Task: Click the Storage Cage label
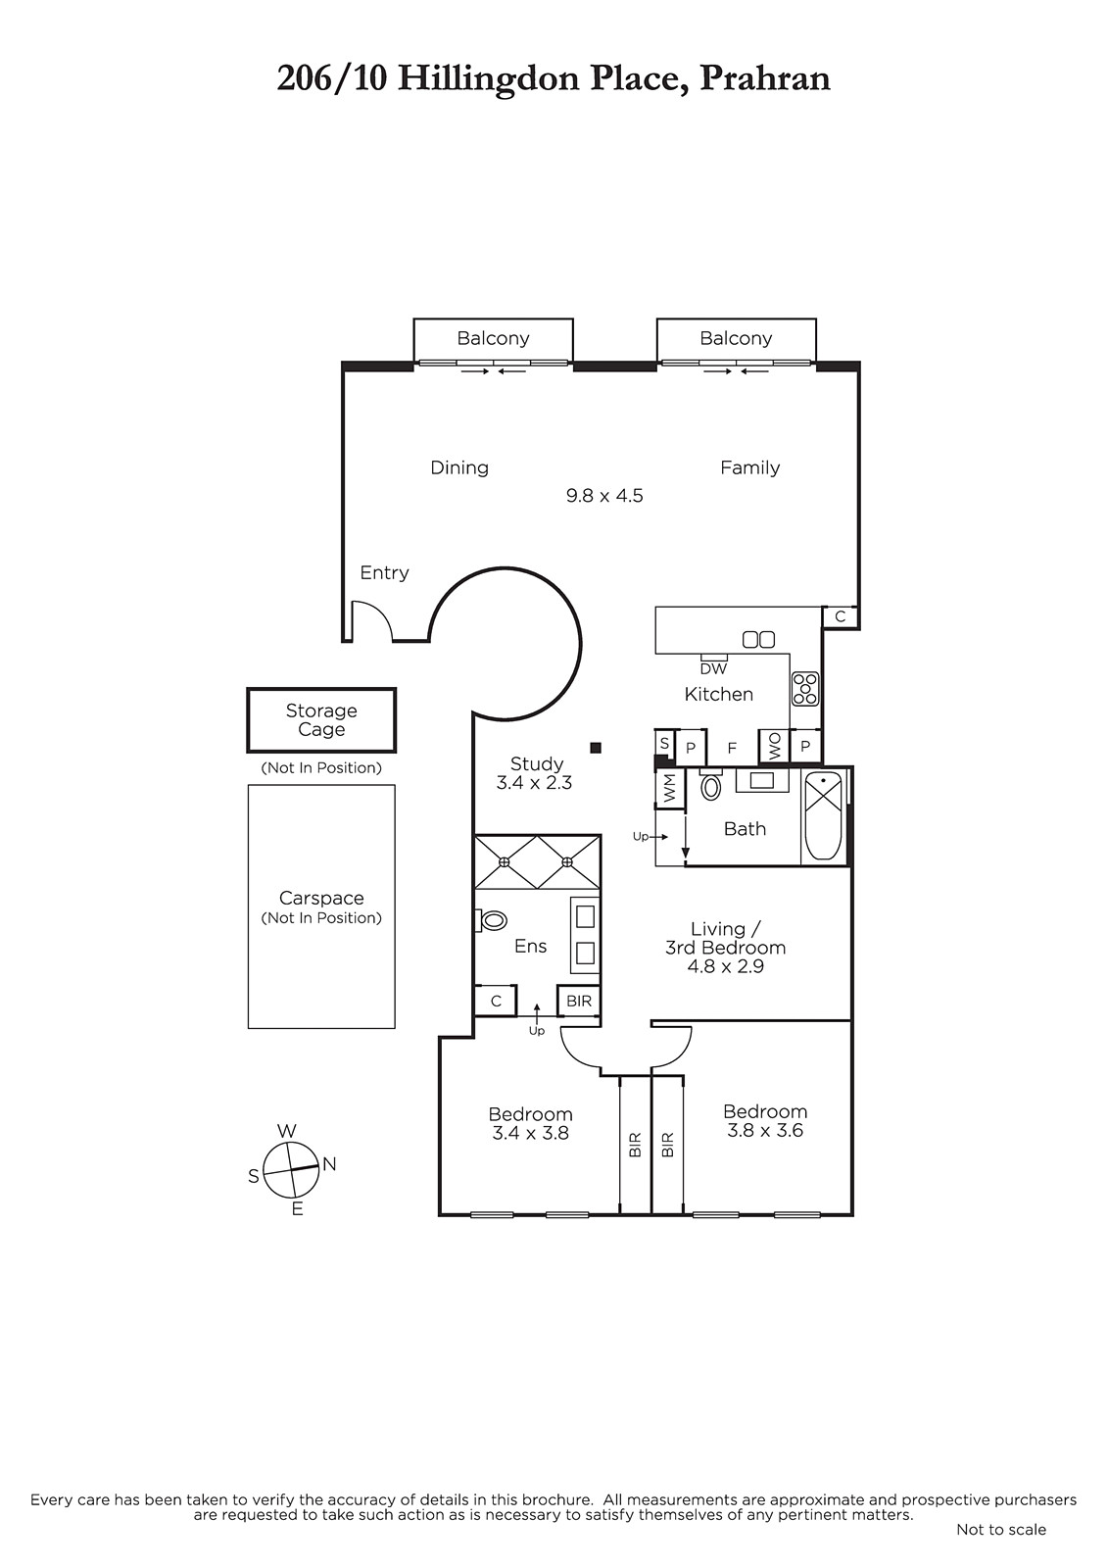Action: [321, 719]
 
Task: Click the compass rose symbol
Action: [291, 1169]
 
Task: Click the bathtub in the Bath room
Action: [822, 815]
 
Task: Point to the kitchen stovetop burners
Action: [805, 689]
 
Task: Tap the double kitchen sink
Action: [758, 639]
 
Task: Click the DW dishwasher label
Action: [713, 669]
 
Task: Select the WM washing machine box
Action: [670, 789]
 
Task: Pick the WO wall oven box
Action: [775, 747]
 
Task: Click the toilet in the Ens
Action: [492, 920]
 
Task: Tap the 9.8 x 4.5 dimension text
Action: [604, 496]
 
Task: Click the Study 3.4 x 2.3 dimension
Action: [534, 783]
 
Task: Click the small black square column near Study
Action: [596, 748]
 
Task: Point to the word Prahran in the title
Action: [765, 78]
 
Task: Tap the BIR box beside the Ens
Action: [579, 1001]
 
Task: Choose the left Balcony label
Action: [493, 339]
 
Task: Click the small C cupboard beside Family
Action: [840, 616]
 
